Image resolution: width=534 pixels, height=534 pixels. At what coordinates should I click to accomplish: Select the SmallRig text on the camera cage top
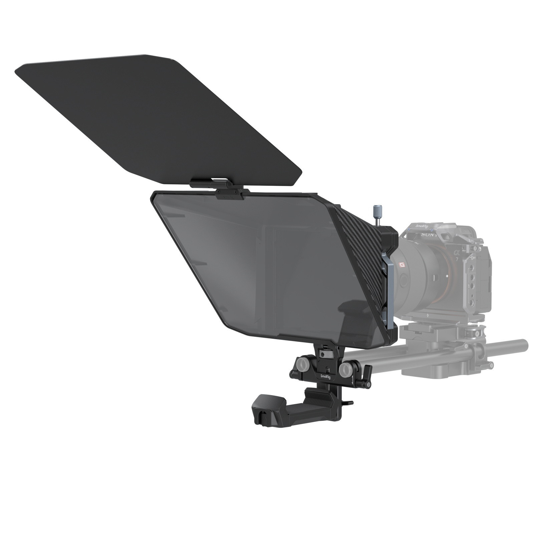(421, 227)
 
